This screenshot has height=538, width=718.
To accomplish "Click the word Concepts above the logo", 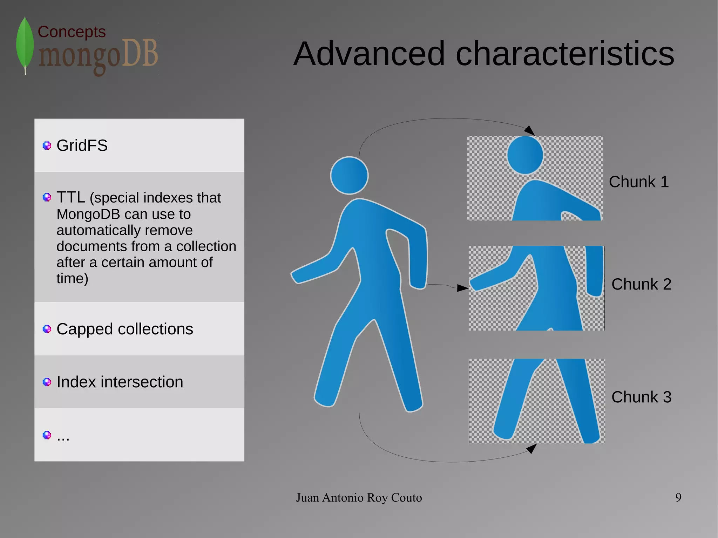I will [72, 32].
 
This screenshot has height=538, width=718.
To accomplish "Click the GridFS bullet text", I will [82, 145].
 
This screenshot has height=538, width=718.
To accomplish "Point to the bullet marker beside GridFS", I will [47, 145].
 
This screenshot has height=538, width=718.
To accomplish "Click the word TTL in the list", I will [70, 197].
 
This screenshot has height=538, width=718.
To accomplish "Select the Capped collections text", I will [125, 329].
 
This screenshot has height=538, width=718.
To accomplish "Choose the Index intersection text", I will [120, 382].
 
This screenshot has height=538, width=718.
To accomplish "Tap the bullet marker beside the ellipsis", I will [47, 435].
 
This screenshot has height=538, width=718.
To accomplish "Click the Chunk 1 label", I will [639, 182].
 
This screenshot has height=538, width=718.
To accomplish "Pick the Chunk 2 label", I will [641, 284].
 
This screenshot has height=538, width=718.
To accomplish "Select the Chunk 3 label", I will [641, 397].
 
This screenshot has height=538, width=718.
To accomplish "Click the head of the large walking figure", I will [349, 175].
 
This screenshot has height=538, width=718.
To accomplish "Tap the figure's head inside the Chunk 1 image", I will [525, 155].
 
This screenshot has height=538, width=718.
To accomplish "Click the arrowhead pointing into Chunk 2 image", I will [463, 288].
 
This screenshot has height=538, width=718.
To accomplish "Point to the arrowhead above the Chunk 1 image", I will [530, 130].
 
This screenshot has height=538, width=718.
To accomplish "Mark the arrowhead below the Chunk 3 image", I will [532, 448].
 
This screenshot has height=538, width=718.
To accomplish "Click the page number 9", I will [678, 498].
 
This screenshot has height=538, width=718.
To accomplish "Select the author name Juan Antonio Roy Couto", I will [359, 498].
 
